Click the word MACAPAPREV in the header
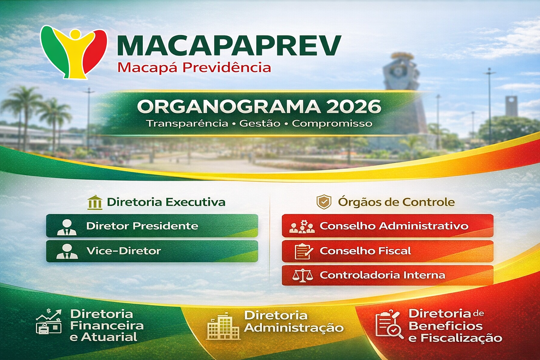(x=229, y=46)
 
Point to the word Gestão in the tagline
(x=260, y=123)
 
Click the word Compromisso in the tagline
(x=332, y=124)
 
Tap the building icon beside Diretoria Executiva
(x=95, y=202)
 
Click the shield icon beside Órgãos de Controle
(x=324, y=201)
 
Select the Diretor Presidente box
(x=152, y=226)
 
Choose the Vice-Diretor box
(x=152, y=251)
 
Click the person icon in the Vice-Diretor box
(x=67, y=251)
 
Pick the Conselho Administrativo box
(x=388, y=226)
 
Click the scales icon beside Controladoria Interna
(x=303, y=276)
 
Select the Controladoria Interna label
(x=382, y=275)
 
